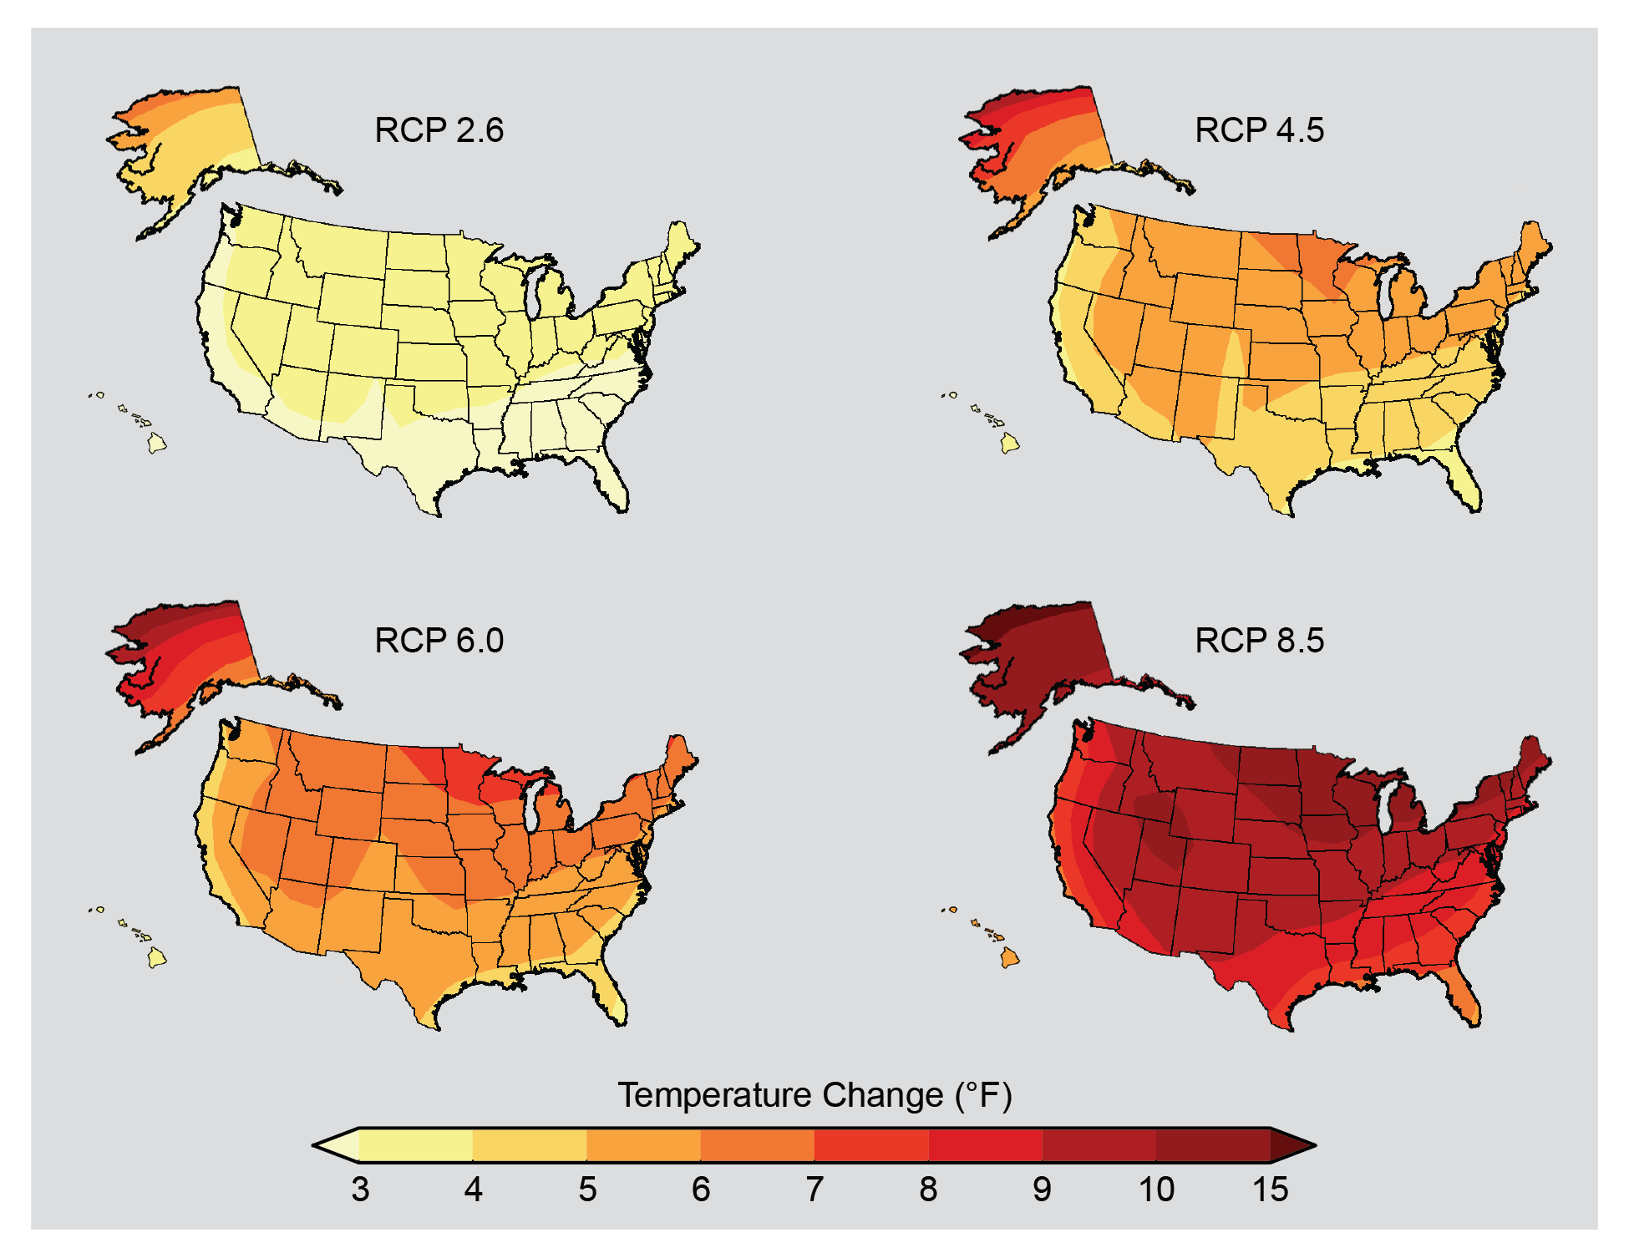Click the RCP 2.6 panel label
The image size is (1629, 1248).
[439, 130]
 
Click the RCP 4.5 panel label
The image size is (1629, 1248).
[1259, 130]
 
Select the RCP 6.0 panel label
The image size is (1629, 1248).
[439, 641]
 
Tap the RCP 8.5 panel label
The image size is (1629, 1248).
[1259, 641]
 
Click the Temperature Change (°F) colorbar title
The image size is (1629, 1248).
[814, 1095]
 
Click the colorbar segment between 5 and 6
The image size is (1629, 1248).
[643, 1145]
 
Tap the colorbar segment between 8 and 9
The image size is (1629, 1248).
[986, 1145]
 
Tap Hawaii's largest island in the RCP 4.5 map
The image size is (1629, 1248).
[1010, 443]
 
